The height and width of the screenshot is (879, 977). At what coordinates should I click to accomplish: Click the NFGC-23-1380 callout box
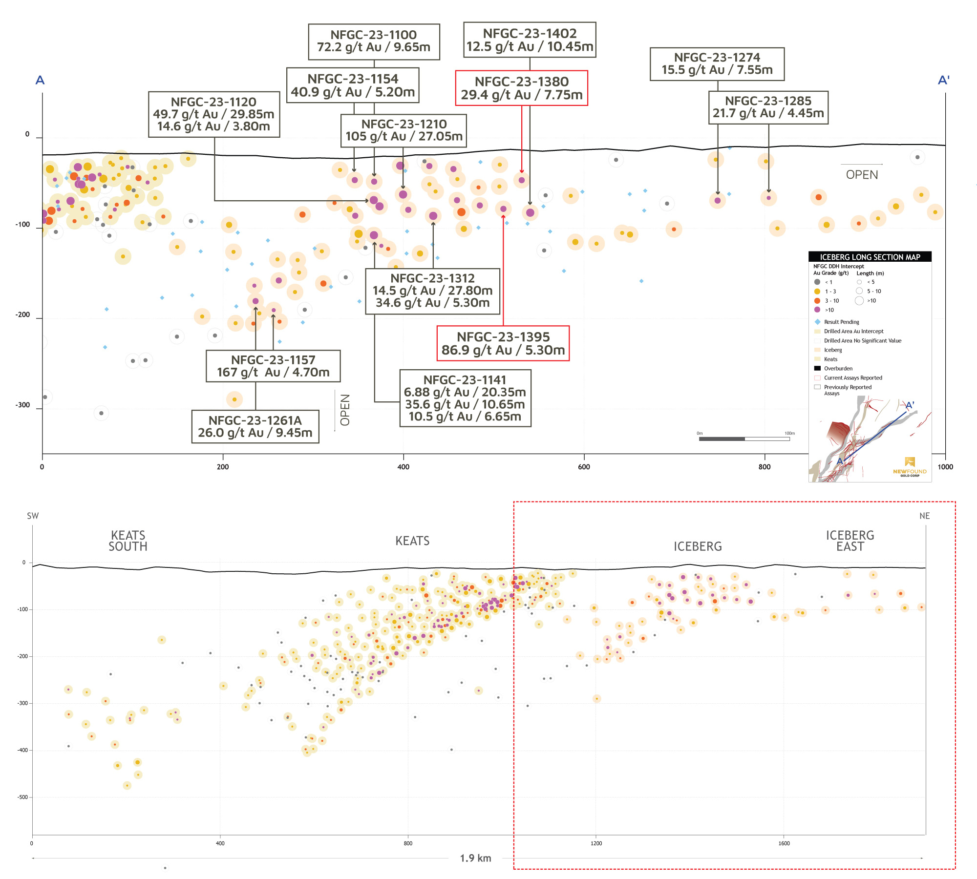point(521,88)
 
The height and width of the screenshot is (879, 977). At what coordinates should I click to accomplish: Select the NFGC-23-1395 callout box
point(503,343)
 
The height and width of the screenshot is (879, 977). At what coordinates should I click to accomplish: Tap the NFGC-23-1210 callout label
point(404,130)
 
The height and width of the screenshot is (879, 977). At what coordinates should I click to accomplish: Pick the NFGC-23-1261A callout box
point(255,426)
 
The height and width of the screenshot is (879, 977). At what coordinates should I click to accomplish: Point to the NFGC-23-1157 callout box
point(273,366)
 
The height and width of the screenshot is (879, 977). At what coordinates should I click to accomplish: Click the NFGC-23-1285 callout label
point(768,107)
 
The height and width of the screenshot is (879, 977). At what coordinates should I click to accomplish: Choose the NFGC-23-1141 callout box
point(465,398)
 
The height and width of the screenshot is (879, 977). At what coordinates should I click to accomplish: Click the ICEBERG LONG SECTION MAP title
point(870,257)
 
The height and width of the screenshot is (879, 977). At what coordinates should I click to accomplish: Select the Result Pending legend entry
point(841,322)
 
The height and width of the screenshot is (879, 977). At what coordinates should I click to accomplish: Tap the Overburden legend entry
point(838,369)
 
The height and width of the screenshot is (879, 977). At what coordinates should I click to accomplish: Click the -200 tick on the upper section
point(23,314)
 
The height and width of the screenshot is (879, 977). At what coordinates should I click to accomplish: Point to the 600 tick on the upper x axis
point(584,467)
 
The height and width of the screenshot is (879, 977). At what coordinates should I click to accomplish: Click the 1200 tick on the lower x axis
point(596,843)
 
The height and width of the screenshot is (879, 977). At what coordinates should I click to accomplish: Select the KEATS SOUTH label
point(128,541)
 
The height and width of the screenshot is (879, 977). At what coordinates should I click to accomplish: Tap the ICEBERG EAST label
point(850,541)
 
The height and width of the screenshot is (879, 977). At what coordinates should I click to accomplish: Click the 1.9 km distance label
point(475,858)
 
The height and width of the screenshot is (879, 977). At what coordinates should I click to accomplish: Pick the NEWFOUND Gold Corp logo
point(910,467)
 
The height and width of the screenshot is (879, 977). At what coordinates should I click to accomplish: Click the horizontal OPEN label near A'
point(862,175)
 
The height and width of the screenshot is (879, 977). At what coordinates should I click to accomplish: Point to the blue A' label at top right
point(944,80)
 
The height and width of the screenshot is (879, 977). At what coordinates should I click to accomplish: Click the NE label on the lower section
point(924,516)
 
